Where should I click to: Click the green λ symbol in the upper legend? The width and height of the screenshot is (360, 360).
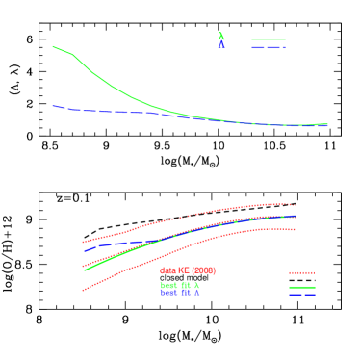pyautogui.click(x=221, y=37)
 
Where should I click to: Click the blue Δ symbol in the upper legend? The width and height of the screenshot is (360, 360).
pyautogui.click(x=221, y=46)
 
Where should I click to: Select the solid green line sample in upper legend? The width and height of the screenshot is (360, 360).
pyautogui.click(x=269, y=39)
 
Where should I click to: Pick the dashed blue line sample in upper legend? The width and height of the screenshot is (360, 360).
pyautogui.click(x=269, y=47)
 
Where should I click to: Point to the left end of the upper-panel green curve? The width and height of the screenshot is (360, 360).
pyautogui.click(x=53, y=46)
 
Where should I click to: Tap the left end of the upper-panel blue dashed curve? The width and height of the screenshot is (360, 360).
pyautogui.click(x=53, y=106)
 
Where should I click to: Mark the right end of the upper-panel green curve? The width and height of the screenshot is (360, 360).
pyautogui.click(x=327, y=123)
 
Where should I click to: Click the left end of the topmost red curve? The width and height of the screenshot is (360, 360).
pyautogui.click(x=83, y=243)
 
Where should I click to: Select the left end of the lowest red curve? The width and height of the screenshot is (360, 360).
pyautogui.click(x=83, y=290)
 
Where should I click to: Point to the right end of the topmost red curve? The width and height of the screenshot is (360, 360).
pyautogui.click(x=296, y=204)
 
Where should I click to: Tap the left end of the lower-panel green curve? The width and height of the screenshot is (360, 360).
pyautogui.click(x=86, y=270)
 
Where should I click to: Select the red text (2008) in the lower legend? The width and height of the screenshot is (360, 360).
pyautogui.click(x=203, y=270)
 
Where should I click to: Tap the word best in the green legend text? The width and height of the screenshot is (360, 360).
pyautogui.click(x=168, y=285)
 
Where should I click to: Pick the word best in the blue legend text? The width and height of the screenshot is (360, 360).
pyautogui.click(x=168, y=294)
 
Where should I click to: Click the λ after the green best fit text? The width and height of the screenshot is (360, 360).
pyautogui.click(x=196, y=285)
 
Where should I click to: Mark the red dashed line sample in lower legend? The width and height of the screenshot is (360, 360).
pyautogui.click(x=302, y=273)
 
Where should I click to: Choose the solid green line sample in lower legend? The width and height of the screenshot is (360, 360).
pyautogui.click(x=302, y=287)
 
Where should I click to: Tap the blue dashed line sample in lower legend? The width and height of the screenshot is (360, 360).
pyautogui.click(x=302, y=295)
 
